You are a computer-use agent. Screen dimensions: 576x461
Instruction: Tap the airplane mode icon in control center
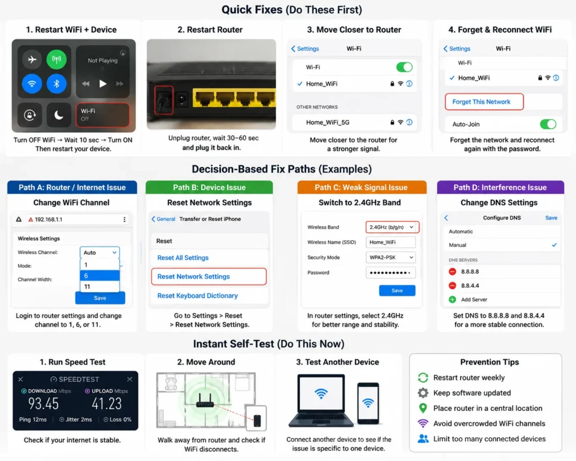(x=32, y=59)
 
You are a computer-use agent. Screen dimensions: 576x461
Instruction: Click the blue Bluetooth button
(x=56, y=84)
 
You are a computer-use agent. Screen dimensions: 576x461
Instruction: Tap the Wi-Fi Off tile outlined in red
(x=102, y=115)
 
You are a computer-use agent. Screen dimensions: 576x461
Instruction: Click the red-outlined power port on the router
(x=164, y=100)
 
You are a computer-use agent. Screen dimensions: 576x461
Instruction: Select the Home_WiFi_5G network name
(x=328, y=122)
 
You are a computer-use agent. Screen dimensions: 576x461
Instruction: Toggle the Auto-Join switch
(x=548, y=124)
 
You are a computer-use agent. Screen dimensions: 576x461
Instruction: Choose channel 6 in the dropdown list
(x=100, y=276)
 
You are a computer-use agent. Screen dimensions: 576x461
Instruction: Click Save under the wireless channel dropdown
(x=100, y=298)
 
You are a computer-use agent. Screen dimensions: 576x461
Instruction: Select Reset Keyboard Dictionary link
(x=197, y=296)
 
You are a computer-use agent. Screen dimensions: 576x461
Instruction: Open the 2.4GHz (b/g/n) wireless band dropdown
(x=392, y=227)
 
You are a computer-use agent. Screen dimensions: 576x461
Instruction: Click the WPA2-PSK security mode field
(x=390, y=257)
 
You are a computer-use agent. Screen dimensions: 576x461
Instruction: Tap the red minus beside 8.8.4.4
(x=453, y=285)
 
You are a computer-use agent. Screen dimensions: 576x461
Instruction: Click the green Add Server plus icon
(x=453, y=299)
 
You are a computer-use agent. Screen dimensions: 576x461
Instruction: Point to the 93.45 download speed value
(x=43, y=404)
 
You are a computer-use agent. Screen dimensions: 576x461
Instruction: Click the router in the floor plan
(x=205, y=401)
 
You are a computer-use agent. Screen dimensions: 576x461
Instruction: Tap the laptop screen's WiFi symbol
(x=321, y=393)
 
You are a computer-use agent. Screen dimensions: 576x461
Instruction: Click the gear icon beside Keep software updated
(x=423, y=393)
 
